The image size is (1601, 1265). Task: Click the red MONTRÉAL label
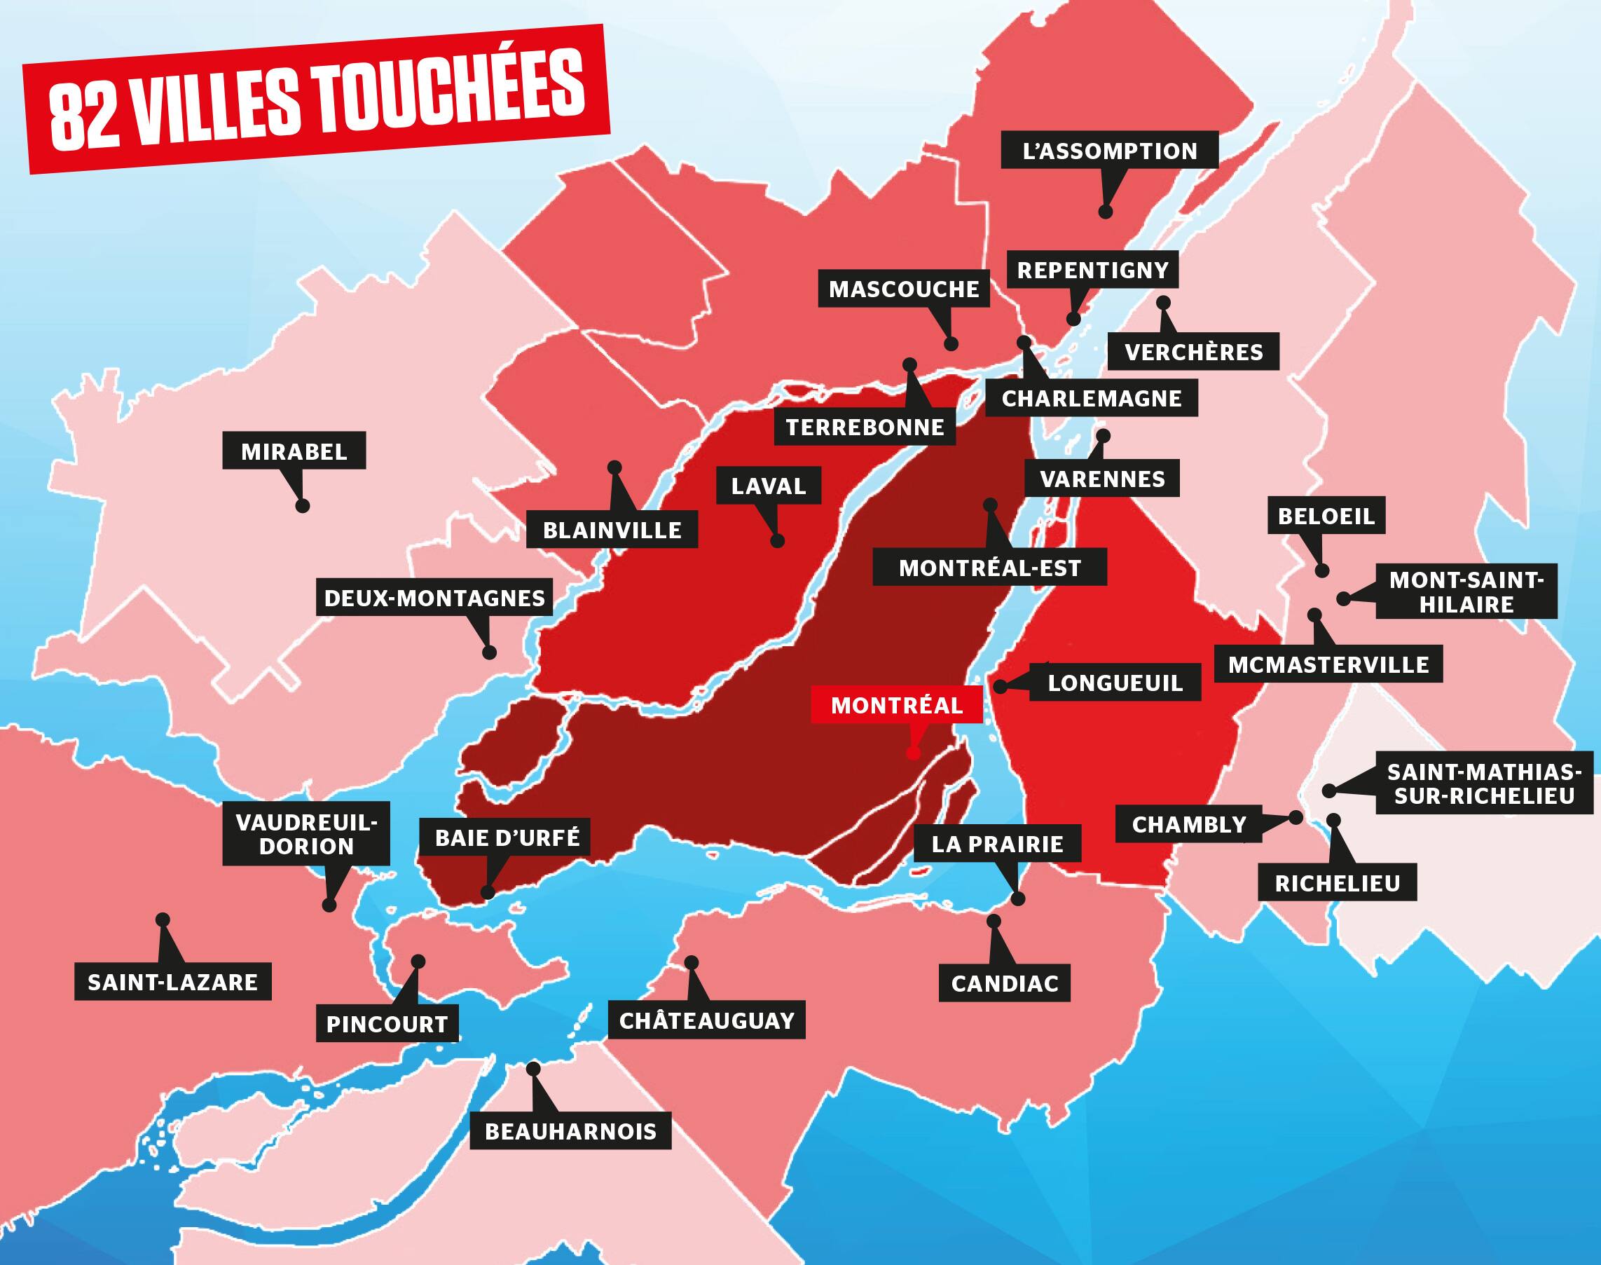(x=897, y=705)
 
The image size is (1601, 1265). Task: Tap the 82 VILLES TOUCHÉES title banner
(x=317, y=100)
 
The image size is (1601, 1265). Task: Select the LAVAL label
(x=768, y=486)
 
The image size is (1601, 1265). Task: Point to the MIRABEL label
(x=294, y=452)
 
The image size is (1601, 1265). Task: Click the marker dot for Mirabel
(x=302, y=507)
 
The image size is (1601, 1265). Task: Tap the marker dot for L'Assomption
(x=1106, y=212)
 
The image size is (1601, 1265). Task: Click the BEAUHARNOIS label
(x=570, y=1132)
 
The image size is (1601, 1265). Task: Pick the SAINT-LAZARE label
(x=172, y=982)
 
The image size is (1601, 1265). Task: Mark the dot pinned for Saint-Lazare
(x=163, y=919)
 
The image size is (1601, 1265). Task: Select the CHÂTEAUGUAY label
(x=706, y=1020)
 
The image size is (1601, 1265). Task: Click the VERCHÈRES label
(x=1194, y=352)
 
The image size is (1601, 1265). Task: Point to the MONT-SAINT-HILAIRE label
(x=1466, y=592)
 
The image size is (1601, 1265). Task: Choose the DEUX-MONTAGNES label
(x=434, y=598)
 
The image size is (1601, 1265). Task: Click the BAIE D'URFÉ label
(x=507, y=837)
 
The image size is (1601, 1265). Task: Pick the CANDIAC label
(x=1004, y=983)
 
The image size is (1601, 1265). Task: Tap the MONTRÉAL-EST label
(x=989, y=568)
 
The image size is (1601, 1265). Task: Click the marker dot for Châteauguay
(x=692, y=962)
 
